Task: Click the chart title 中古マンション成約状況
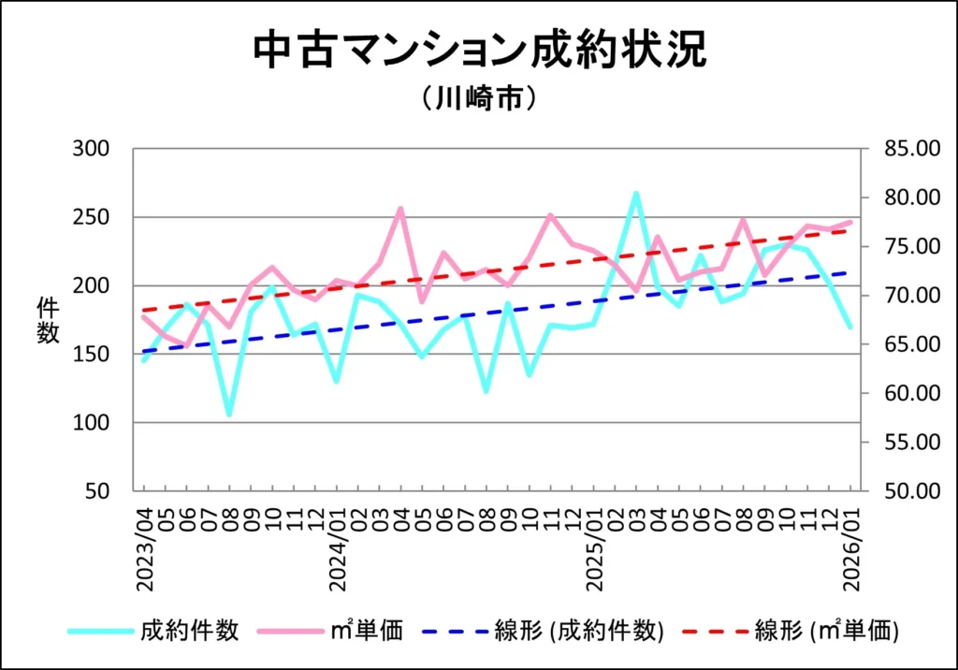point(479,51)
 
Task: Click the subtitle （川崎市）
point(479,98)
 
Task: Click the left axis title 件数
point(48,320)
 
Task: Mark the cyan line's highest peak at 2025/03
point(636,194)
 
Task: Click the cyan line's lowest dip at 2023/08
point(229,414)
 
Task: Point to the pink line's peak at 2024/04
point(400,209)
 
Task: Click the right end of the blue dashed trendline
point(849,272)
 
